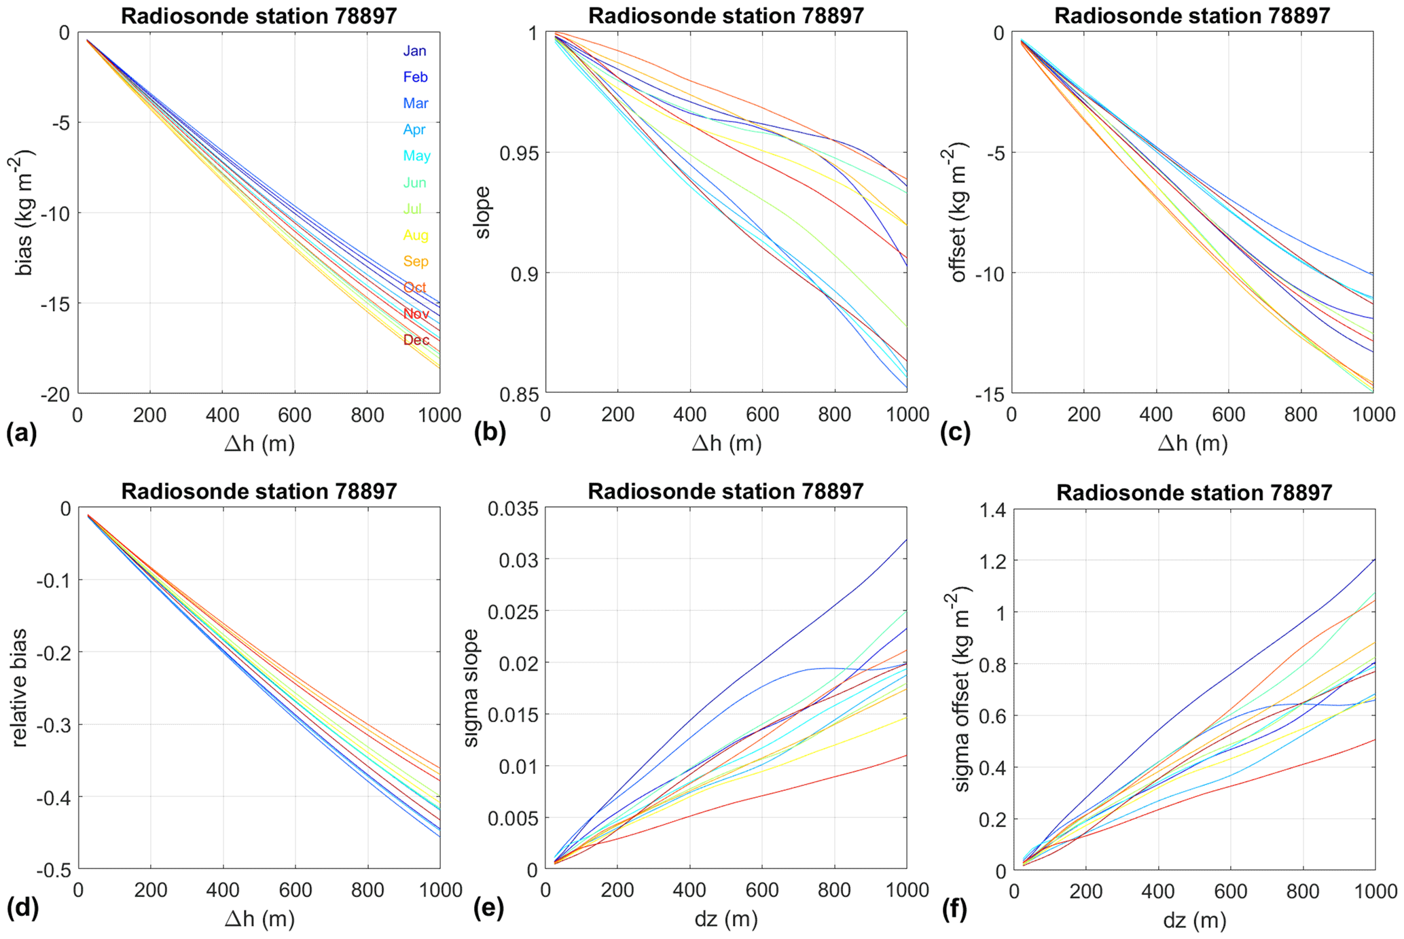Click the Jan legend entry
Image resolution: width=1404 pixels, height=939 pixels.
click(414, 51)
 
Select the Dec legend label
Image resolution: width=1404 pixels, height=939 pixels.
click(416, 340)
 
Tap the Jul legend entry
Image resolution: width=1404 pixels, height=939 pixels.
click(412, 209)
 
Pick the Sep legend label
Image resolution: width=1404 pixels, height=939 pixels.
click(416, 261)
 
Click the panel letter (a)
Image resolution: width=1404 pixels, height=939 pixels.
click(20, 433)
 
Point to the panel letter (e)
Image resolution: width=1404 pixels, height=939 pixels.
click(488, 908)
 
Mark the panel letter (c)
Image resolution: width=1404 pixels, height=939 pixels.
click(955, 433)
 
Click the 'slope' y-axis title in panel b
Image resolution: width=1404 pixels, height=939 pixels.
click(482, 212)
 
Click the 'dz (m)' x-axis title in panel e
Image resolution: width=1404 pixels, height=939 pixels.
click(725, 919)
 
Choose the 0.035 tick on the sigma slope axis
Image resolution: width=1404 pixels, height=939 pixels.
click(513, 509)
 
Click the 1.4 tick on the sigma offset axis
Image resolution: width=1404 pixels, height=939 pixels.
click(992, 509)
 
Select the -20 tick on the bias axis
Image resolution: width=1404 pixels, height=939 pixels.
click(55, 395)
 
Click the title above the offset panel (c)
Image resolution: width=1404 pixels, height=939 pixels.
click(1192, 16)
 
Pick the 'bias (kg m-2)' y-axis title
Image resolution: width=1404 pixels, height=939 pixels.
click(24, 212)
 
